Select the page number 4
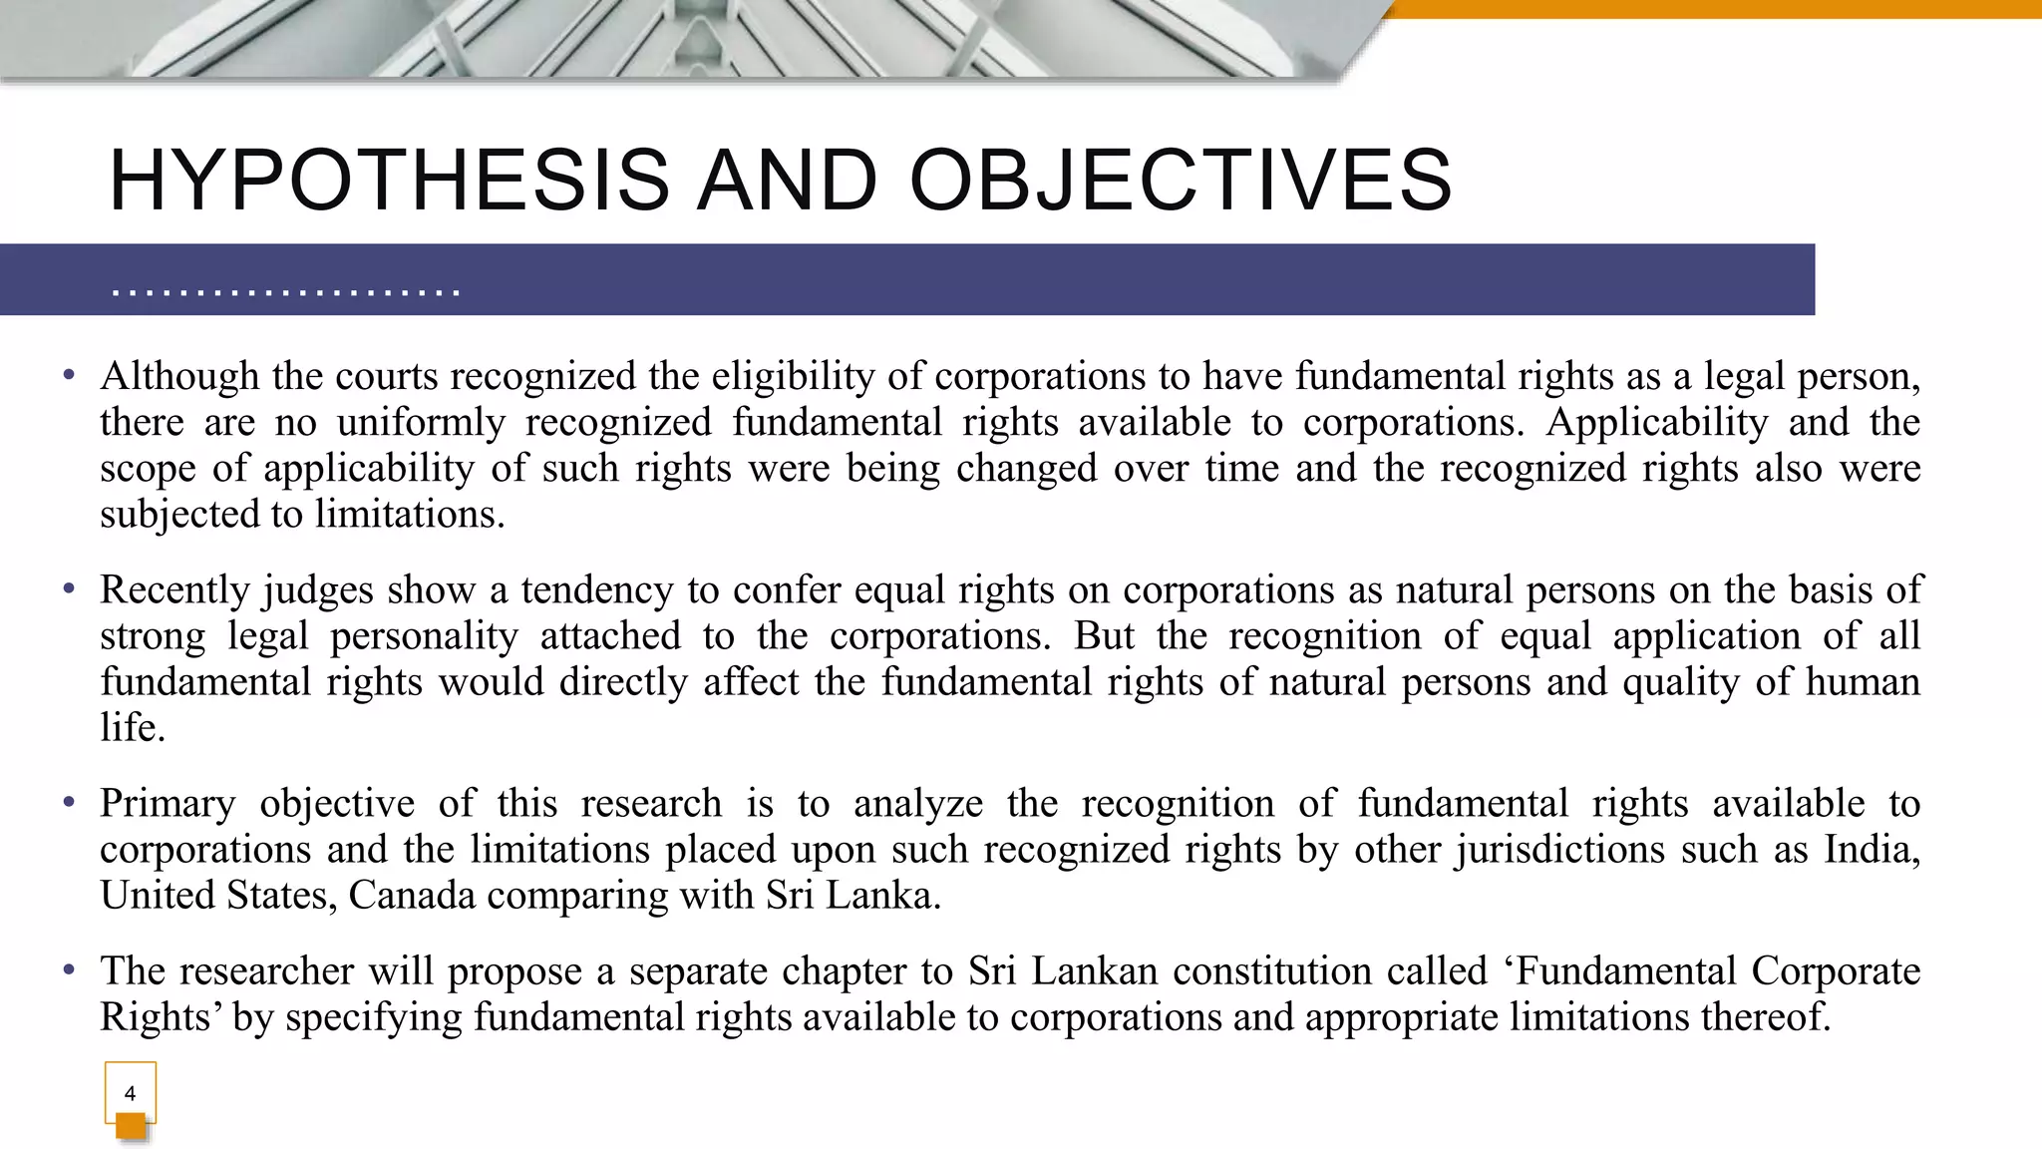click(130, 1093)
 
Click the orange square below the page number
click(131, 1126)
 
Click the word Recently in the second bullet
click(173, 589)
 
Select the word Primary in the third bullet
click(168, 803)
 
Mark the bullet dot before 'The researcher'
click(69, 970)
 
